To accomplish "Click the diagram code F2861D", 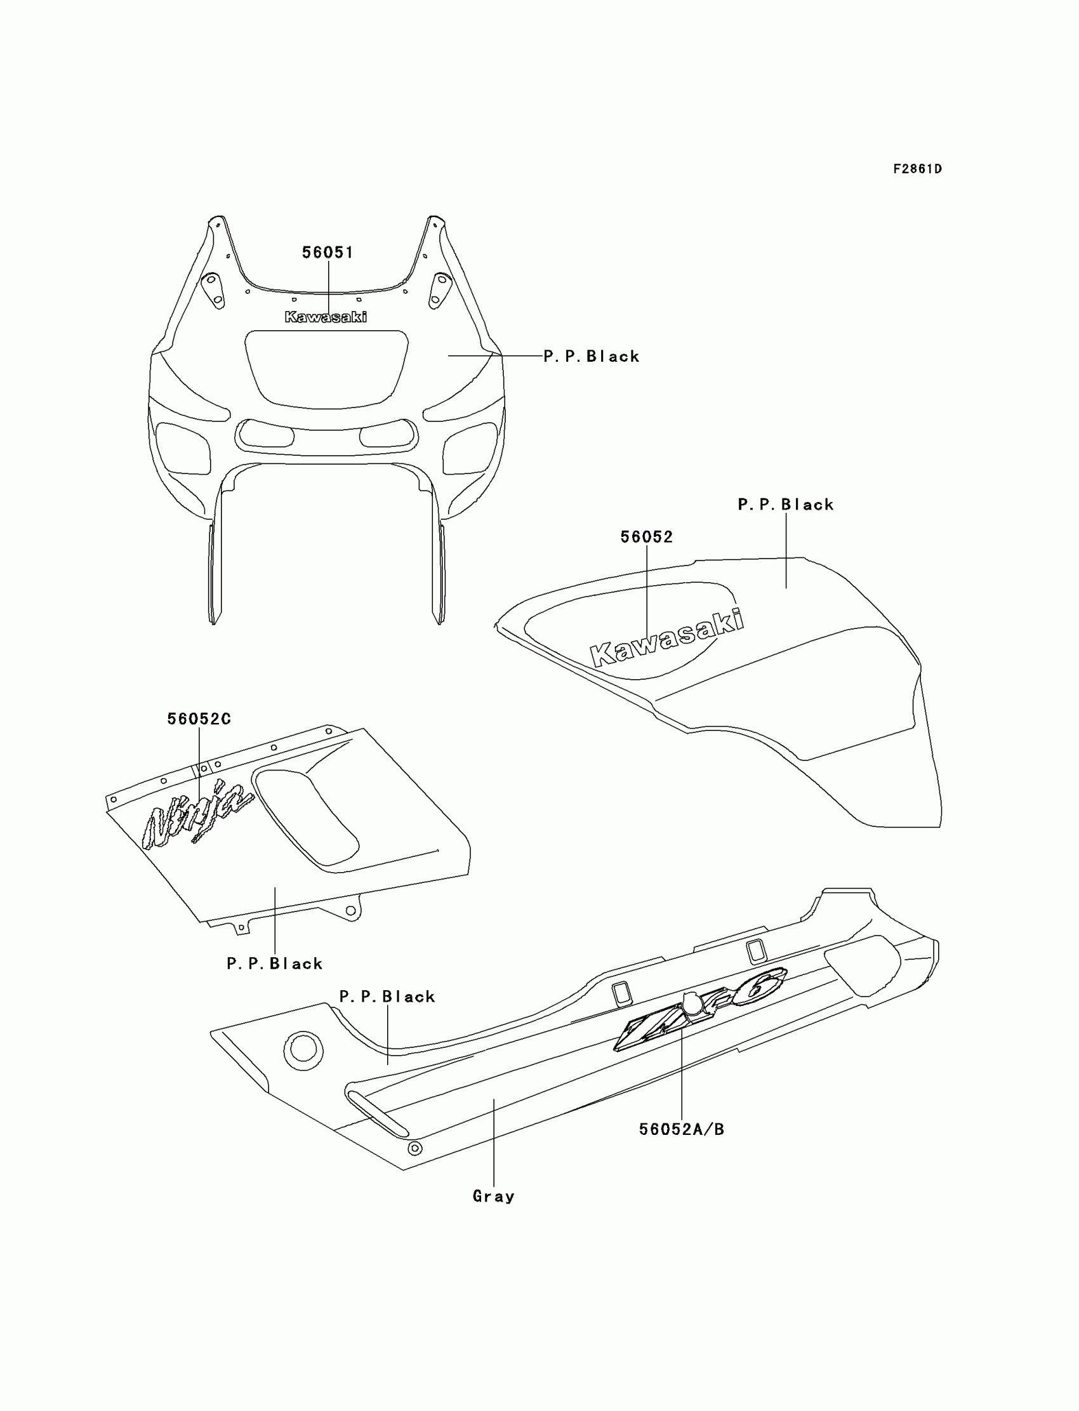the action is click(917, 169).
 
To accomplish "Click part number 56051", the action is click(328, 253).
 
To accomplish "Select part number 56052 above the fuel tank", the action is click(646, 537).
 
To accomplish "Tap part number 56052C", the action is click(199, 719).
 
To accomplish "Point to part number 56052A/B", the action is click(682, 1129).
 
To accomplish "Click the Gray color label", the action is click(493, 1196).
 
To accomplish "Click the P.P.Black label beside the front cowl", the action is click(592, 357).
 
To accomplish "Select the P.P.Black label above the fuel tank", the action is click(786, 505).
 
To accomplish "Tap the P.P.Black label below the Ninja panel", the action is click(274, 964).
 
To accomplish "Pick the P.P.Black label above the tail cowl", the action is click(387, 996).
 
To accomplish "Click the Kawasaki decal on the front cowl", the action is click(326, 317).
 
